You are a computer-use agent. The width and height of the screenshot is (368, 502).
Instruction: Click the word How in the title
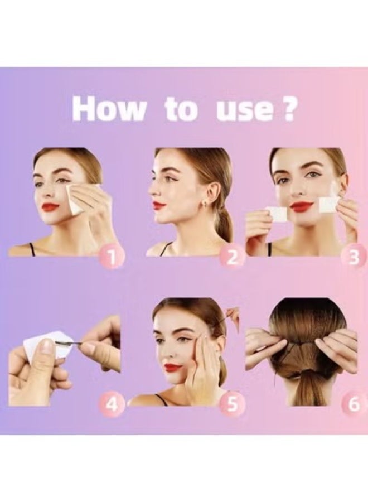pos(109,109)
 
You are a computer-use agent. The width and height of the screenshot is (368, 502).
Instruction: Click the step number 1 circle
pos(113,257)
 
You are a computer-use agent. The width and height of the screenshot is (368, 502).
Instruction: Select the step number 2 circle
pos(231,257)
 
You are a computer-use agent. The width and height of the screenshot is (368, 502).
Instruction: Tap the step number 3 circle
pos(354,257)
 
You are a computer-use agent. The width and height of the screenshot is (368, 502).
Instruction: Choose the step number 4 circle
pos(113,404)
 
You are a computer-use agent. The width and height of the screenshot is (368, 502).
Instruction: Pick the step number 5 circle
pos(231,404)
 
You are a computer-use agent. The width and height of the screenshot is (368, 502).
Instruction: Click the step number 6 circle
pos(354,404)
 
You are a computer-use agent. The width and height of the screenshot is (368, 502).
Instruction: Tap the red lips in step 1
pos(50,207)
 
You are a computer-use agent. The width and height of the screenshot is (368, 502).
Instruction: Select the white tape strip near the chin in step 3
pos(276,214)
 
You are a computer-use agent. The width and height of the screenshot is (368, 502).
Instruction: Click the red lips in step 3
pos(302,207)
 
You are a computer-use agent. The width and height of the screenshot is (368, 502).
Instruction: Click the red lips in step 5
pos(173,368)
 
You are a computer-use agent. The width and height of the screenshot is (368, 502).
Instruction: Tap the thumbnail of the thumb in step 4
pos(49,347)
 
